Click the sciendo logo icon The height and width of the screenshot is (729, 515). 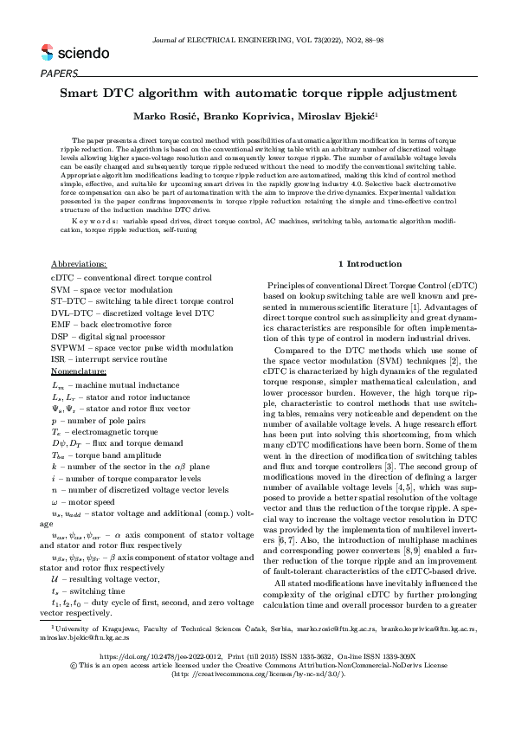[x=47, y=53]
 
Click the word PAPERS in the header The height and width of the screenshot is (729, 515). [x=59, y=74]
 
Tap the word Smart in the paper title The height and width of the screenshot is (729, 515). [x=82, y=93]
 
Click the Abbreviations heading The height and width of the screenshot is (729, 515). [x=80, y=263]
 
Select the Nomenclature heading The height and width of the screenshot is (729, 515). [x=79, y=371]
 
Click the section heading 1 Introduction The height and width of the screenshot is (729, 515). [x=370, y=263]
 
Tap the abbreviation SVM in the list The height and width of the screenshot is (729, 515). [x=62, y=289]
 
